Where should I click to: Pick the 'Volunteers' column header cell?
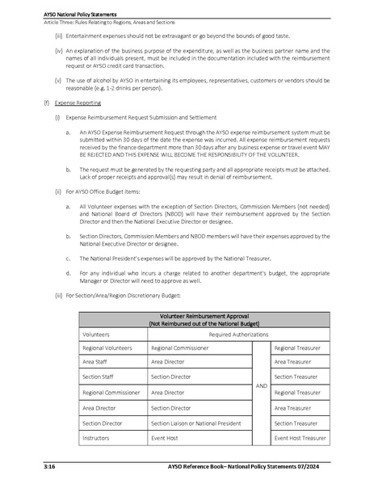98,332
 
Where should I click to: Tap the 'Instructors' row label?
99,437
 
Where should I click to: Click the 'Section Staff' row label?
99,377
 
